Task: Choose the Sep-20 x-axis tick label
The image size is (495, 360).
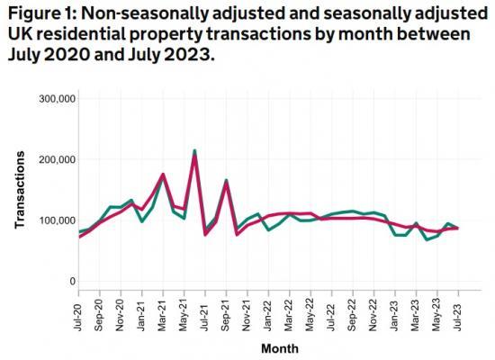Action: tap(100, 310)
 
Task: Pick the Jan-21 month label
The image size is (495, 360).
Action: tap(142, 310)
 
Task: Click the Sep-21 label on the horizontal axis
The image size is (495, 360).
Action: tap(226, 310)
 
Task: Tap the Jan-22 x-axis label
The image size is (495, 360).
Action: tap(268, 310)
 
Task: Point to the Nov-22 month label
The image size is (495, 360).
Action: tap(373, 310)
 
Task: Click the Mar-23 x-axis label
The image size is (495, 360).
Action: tap(416, 310)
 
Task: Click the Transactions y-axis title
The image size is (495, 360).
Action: tap(20, 190)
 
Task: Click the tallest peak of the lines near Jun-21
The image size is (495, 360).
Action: tap(194, 151)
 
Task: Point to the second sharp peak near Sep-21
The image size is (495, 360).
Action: tap(226, 181)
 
